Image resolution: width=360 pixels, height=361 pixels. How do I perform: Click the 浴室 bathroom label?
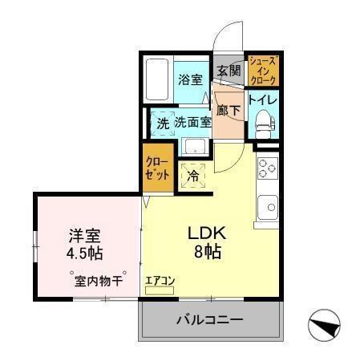coord(189,80)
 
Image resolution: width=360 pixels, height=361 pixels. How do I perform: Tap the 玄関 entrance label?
coord(229,71)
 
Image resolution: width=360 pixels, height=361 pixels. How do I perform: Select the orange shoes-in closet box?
coord(262,71)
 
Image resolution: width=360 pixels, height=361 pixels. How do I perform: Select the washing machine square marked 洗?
coord(163,124)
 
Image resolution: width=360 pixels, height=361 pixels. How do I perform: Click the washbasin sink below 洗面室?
coord(193,147)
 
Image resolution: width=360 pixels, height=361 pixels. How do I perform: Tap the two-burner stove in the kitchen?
coord(266,169)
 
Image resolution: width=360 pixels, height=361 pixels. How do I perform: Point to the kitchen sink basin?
coord(265,207)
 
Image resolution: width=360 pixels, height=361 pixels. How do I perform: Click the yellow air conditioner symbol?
coord(160,286)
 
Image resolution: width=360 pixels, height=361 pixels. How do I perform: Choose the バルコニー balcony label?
coord(209,320)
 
